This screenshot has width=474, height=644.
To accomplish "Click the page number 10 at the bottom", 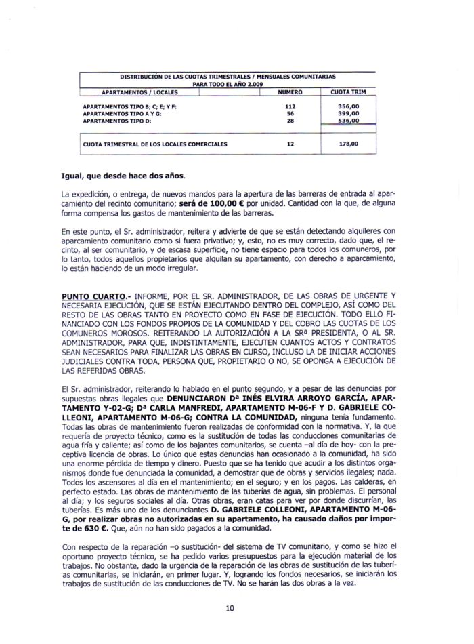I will click(230, 608).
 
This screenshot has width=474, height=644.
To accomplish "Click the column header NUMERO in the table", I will click(290, 92).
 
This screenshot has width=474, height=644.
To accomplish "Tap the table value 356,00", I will click(348, 107).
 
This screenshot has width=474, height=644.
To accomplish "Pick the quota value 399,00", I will click(348, 114).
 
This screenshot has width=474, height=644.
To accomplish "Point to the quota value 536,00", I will click(348, 121).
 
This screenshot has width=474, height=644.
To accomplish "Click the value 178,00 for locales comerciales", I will click(348, 144).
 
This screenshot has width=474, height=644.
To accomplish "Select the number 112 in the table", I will click(291, 107).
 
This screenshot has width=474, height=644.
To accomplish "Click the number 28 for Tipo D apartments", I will click(291, 121).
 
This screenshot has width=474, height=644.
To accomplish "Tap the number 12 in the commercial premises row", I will click(290, 144).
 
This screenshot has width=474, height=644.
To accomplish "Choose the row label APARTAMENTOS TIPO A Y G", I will click(122, 114).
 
